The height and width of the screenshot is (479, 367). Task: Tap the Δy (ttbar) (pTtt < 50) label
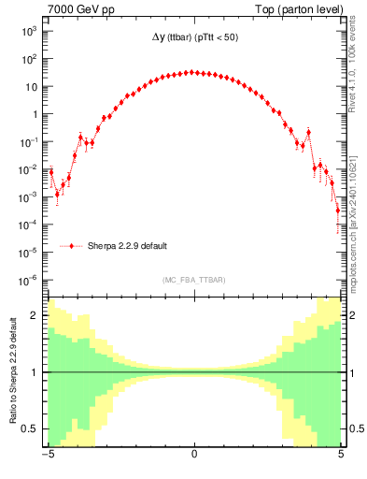point(193,43)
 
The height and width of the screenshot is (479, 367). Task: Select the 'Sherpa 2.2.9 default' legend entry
point(128,246)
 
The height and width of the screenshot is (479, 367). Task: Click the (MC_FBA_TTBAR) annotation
point(194,281)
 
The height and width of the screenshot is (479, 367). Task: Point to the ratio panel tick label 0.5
point(32,428)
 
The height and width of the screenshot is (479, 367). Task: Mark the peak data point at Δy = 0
point(193,72)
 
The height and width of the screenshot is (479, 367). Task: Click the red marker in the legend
point(73,246)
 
